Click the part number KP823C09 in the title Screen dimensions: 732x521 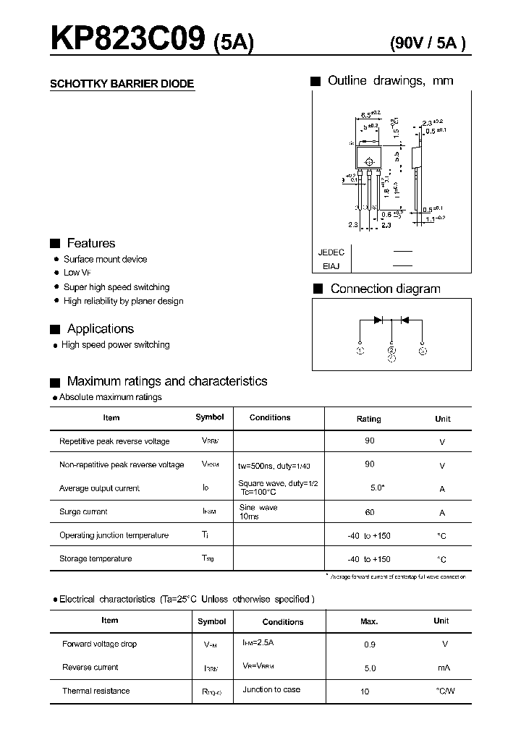127,39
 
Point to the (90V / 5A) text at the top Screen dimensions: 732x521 428,43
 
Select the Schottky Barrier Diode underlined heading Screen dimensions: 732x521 122,84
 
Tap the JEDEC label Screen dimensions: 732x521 331,252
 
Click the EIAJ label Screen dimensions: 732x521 331,266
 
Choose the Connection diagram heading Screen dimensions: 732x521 385,289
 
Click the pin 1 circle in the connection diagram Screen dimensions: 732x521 360,351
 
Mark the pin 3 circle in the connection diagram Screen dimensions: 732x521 423,351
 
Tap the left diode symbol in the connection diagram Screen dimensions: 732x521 378,320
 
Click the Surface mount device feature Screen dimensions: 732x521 105,259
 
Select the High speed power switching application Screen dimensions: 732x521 115,345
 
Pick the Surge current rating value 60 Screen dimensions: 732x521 369,512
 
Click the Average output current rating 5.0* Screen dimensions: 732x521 377,488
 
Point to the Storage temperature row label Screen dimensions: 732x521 96,558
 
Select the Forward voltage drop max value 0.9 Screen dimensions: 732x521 370,644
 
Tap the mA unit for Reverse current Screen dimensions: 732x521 444,668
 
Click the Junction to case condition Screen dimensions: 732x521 271,690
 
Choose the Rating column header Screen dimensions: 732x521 368,419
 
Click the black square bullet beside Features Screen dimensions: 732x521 54,244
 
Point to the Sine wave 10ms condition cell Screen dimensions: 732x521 258,512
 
